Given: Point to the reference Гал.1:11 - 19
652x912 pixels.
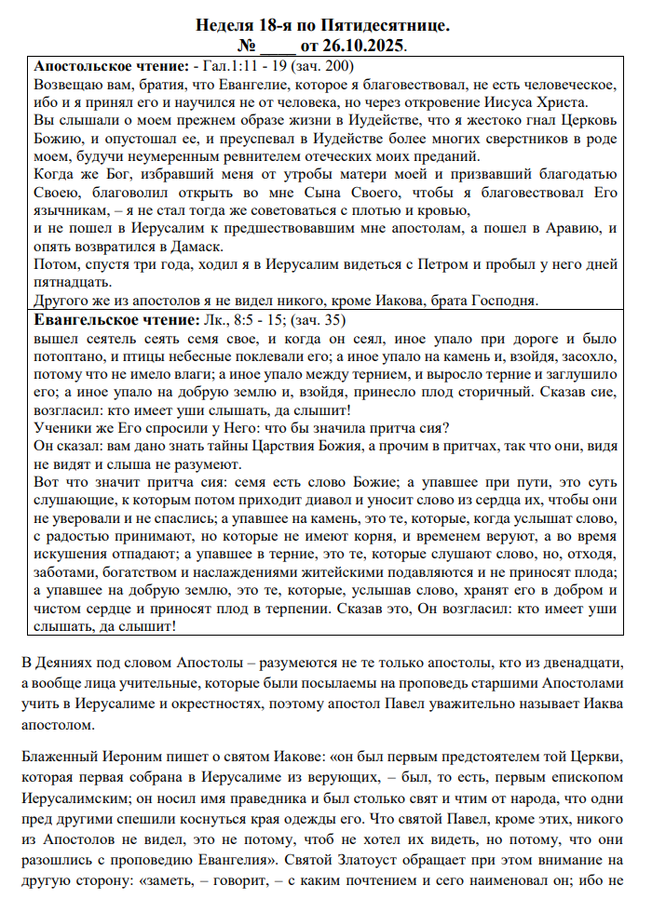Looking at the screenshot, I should pos(244,67).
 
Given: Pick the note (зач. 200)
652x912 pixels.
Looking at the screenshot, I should pos(322,67).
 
